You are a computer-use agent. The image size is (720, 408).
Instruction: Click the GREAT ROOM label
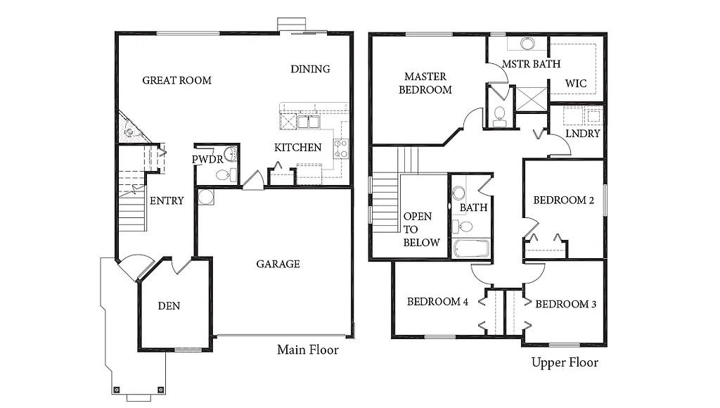click(176, 80)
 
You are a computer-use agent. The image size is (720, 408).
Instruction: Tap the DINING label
click(310, 69)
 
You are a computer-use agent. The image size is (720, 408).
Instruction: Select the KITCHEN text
click(297, 148)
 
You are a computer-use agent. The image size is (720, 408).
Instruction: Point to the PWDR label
click(207, 160)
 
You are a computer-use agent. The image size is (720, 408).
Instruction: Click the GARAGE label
click(278, 264)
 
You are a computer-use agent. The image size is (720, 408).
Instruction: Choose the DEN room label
click(169, 305)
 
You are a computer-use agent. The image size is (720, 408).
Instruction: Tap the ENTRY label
click(167, 200)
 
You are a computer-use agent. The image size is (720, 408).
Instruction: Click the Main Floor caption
click(307, 350)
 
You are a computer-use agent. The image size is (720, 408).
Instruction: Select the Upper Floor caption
click(565, 362)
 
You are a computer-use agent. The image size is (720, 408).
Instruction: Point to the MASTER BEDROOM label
click(425, 83)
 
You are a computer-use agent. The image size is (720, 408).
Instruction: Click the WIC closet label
click(576, 84)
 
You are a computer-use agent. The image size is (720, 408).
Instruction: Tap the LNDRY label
click(583, 134)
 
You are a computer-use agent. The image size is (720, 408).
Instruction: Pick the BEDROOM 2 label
click(564, 200)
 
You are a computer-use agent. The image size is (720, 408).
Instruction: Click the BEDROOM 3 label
click(566, 305)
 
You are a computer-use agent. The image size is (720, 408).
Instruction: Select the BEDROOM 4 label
click(437, 302)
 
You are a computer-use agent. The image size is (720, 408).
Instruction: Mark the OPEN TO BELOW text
click(420, 229)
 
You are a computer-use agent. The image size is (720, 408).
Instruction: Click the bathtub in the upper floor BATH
click(470, 248)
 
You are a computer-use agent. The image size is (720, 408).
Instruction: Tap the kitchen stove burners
click(341, 148)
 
